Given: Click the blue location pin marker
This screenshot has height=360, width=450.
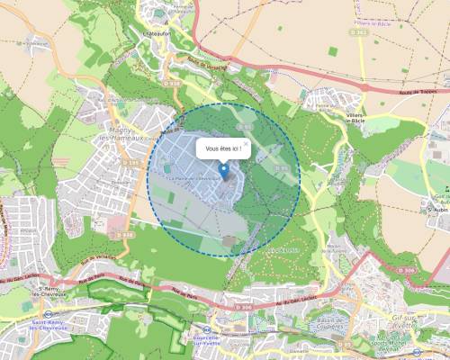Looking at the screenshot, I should (223, 170).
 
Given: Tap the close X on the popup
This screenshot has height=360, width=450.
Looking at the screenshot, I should (245, 142).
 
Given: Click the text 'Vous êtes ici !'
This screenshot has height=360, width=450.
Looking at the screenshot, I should (223, 148).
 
